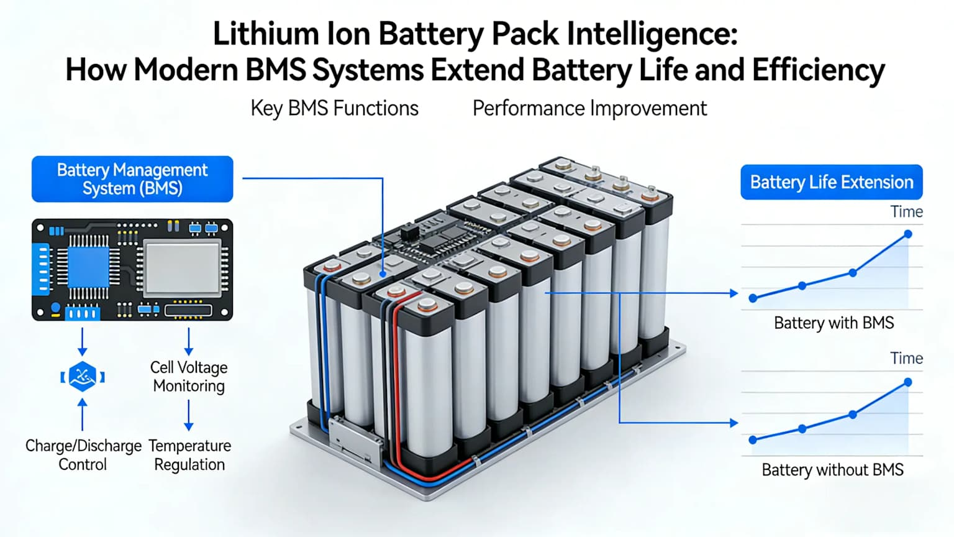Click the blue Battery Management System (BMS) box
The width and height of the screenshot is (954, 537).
click(132, 179)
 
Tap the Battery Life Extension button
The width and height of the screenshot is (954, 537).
click(832, 182)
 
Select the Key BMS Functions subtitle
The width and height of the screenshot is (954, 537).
click(334, 108)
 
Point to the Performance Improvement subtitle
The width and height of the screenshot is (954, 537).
click(589, 108)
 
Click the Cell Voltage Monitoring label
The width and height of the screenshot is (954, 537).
click(189, 377)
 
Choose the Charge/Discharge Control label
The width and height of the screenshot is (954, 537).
click(83, 455)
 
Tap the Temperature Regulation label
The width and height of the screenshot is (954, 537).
click(189, 455)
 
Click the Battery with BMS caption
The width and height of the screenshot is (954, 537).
click(834, 323)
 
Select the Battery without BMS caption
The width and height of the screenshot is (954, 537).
click(832, 470)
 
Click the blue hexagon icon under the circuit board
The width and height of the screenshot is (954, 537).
click(83, 377)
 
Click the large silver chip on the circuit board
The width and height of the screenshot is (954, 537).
click(182, 268)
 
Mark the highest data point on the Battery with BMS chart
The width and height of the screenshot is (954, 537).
click(908, 234)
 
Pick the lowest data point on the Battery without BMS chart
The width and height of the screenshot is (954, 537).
click(753, 439)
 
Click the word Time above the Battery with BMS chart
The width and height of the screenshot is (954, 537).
click(906, 212)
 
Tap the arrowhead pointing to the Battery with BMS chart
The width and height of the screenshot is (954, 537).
click(734, 293)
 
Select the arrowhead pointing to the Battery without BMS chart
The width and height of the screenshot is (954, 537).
click(734, 423)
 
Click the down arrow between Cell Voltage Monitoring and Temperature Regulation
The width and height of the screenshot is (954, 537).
click(189, 416)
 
